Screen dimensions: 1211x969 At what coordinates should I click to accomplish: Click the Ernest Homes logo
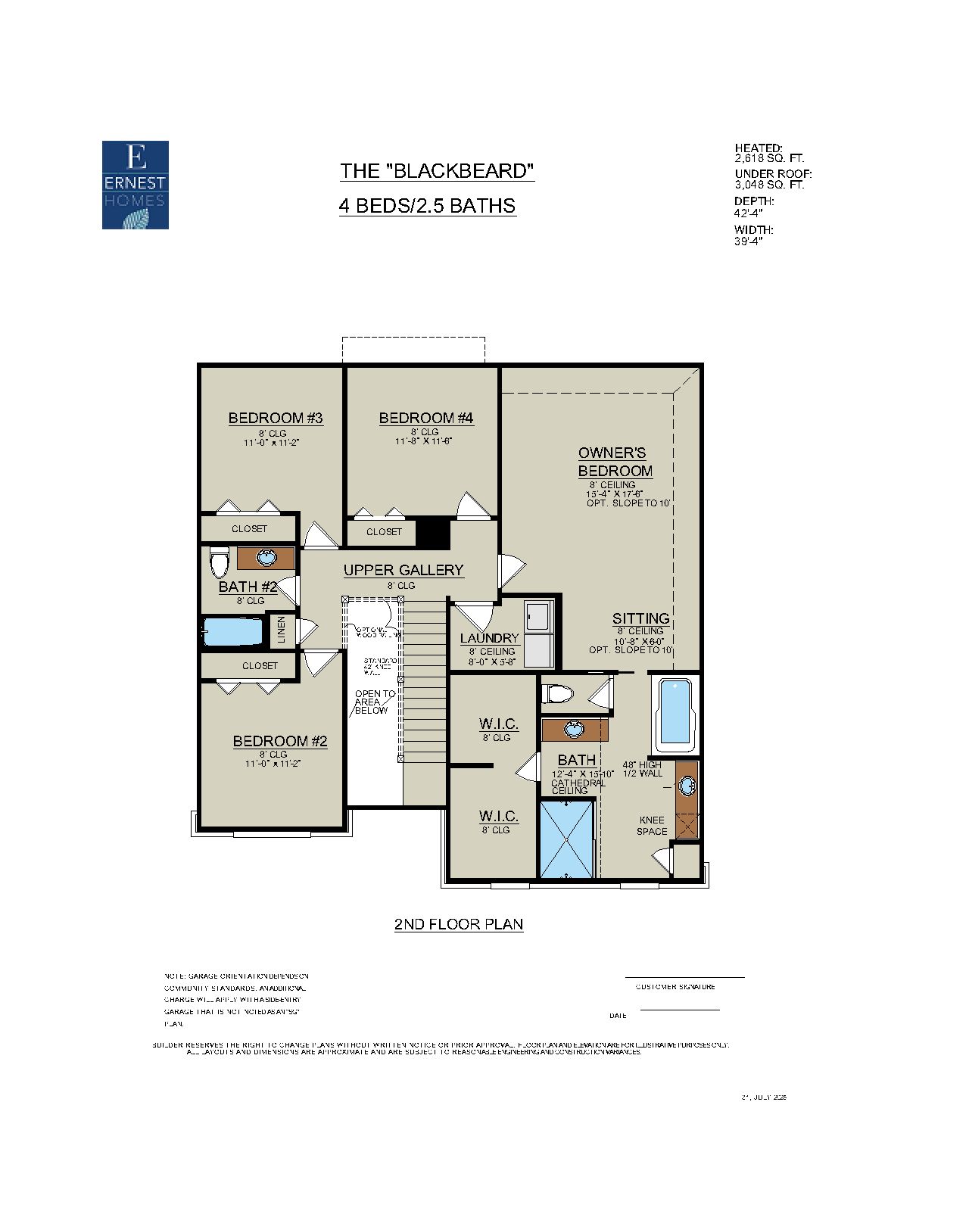136,185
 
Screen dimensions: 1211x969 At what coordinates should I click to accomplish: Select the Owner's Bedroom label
615,462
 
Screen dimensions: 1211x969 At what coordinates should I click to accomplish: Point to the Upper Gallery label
403,570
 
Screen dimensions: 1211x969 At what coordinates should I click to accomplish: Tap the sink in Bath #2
266,558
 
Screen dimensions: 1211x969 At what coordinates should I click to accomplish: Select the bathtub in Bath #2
233,632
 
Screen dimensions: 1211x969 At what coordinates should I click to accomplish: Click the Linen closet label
282,630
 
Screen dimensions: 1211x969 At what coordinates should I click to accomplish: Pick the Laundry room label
489,638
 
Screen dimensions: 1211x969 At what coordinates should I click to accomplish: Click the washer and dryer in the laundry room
539,634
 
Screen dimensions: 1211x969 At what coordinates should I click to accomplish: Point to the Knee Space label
652,826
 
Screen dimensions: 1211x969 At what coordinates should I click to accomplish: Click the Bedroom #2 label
280,741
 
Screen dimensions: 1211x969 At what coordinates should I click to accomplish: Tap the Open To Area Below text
374,702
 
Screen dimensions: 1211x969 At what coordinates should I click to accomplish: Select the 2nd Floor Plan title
459,924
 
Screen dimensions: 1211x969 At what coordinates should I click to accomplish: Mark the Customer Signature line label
675,987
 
